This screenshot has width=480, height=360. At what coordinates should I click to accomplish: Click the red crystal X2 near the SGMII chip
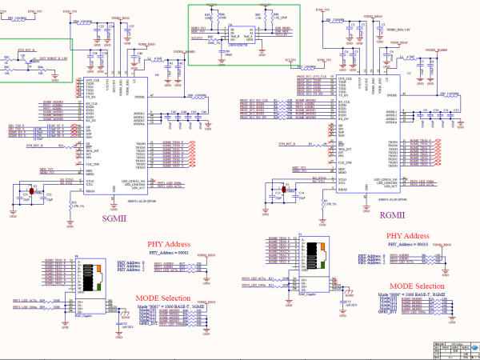[x=34, y=191]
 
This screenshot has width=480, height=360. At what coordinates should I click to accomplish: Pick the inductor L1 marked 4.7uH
[x=390, y=58]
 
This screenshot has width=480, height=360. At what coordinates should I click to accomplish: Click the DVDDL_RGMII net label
[x=436, y=50]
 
